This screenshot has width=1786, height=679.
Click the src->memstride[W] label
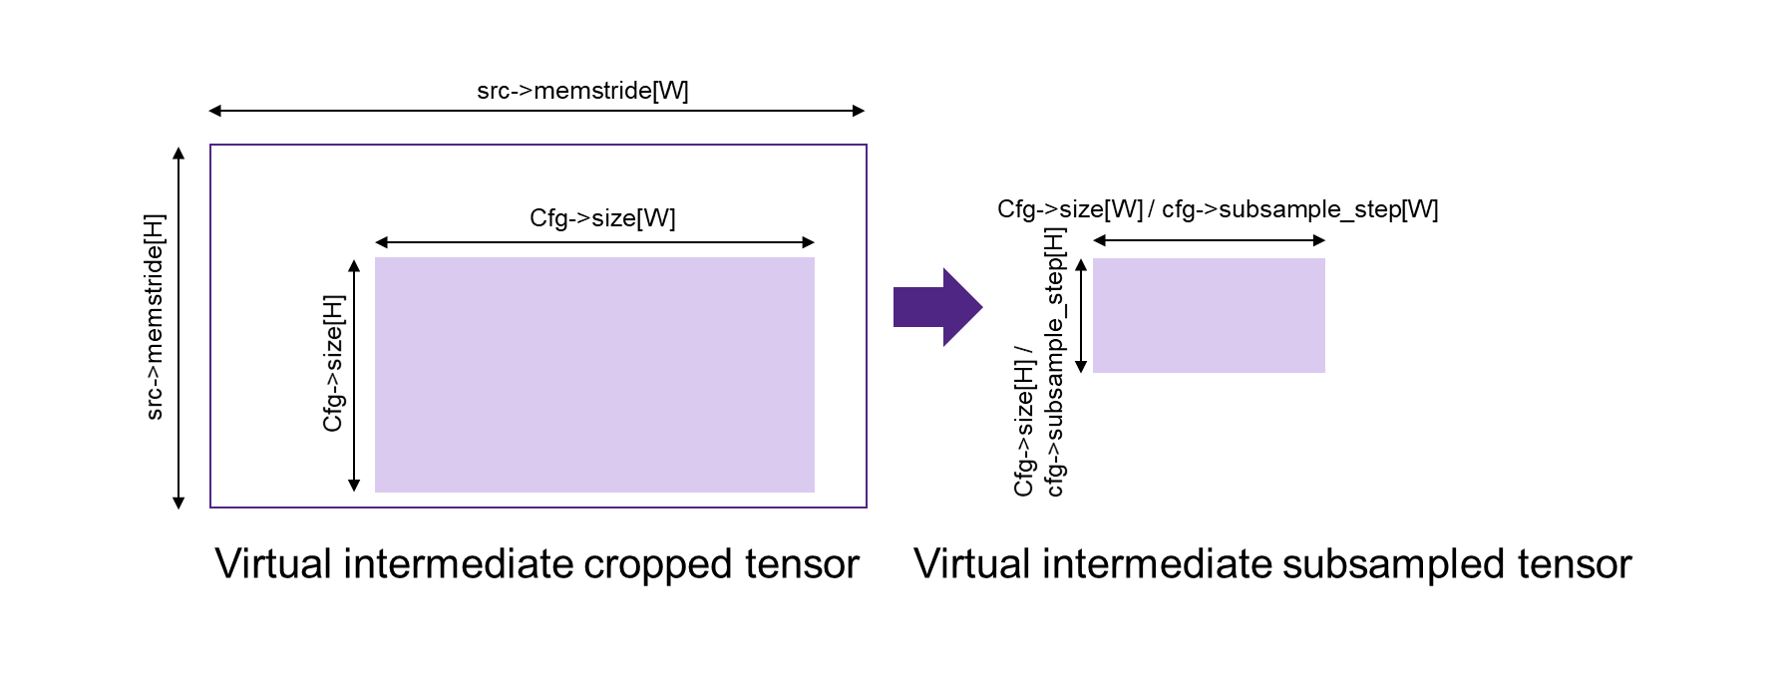582,91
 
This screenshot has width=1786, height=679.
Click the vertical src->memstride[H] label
155,317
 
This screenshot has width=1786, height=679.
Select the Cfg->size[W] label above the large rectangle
602,218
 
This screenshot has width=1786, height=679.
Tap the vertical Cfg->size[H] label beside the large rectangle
333,363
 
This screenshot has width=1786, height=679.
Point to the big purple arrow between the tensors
937,307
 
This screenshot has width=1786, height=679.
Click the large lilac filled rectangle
594,375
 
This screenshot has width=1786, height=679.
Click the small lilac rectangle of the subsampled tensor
1209,315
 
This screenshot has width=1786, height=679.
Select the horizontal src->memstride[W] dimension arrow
536,111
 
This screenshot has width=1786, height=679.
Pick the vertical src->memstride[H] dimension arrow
179,328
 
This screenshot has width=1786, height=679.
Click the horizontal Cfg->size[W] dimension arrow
594,241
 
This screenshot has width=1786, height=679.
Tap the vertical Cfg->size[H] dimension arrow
354,375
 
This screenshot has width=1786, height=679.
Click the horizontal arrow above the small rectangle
1209,240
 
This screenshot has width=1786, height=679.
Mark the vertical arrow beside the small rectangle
1080,316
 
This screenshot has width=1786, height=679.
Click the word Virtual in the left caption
273,564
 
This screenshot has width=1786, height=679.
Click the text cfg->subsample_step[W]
1300,209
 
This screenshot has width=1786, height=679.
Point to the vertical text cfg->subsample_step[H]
1055,362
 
